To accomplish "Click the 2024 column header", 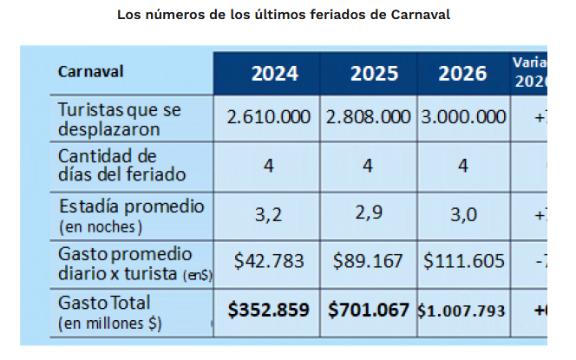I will tap(274, 73).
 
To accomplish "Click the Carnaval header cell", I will tap(90, 71).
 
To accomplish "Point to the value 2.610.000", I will tap(270, 117).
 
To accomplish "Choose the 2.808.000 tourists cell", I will tap(369, 117).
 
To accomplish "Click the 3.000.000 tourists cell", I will tap(463, 117).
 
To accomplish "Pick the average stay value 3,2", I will tap(269, 213).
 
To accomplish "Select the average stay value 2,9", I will tap(369, 213).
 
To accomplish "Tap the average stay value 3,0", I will tap(463, 213).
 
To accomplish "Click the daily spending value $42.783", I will tap(269, 262).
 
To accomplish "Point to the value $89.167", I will tap(368, 262).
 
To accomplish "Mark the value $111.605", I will tap(463, 262).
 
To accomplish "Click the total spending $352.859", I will tap(269, 310).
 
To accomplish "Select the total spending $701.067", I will tap(368, 310).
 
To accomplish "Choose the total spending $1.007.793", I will tap(462, 311).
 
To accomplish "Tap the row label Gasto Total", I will tap(104, 304).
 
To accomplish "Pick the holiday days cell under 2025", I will tap(368, 165).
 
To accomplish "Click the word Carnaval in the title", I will tap(420, 15).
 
